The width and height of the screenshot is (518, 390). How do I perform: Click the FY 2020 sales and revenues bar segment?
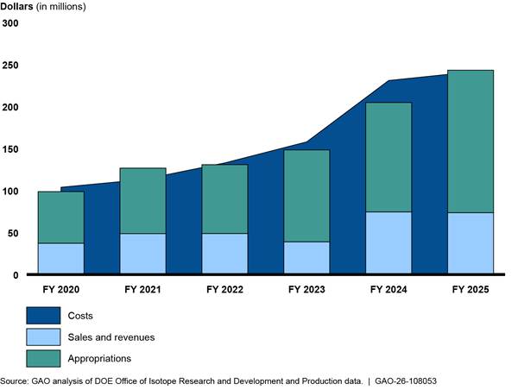pyautogui.click(x=61, y=258)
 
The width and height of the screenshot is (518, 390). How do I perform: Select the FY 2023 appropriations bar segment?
pyautogui.click(x=306, y=196)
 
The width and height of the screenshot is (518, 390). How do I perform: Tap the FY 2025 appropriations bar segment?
pyautogui.click(x=471, y=142)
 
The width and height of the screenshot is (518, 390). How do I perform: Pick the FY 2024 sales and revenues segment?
pyautogui.click(x=388, y=242)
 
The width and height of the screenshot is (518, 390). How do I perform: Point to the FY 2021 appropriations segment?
pyautogui.click(x=142, y=201)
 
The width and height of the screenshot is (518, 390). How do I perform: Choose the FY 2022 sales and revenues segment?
pyautogui.click(x=224, y=254)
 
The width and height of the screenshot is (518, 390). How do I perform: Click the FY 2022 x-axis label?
pyautogui.click(x=224, y=290)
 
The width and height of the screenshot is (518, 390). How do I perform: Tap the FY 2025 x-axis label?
pyautogui.click(x=471, y=290)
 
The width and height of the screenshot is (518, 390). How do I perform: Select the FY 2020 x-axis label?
pyautogui.click(x=61, y=290)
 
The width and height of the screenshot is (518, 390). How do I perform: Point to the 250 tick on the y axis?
pyautogui.click(x=10, y=66)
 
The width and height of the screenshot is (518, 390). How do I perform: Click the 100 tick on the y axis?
pyautogui.click(x=10, y=192)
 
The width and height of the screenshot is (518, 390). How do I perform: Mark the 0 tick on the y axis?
pyautogui.click(x=16, y=275)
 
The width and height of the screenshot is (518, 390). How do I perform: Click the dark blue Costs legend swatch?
pyautogui.click(x=43, y=316)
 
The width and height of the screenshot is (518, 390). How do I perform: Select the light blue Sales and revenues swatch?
pyautogui.click(x=43, y=337)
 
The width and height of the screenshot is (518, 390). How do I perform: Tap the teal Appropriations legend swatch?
pyautogui.click(x=43, y=359)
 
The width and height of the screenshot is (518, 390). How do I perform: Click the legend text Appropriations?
pyautogui.click(x=99, y=359)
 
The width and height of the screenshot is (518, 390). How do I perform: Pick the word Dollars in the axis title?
pyautogui.click(x=16, y=6)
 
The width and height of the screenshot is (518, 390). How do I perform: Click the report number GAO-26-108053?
pyautogui.click(x=406, y=381)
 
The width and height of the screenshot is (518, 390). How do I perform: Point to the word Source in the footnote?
pyautogui.click(x=14, y=381)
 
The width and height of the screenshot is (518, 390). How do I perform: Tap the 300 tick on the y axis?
pyautogui.click(x=10, y=23)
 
